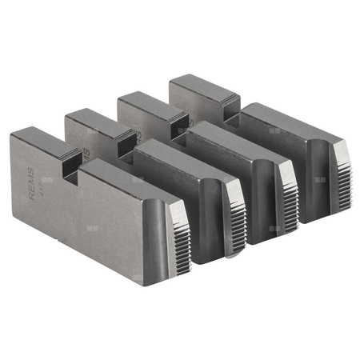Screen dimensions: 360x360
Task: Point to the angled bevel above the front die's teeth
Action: (x=178, y=211)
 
